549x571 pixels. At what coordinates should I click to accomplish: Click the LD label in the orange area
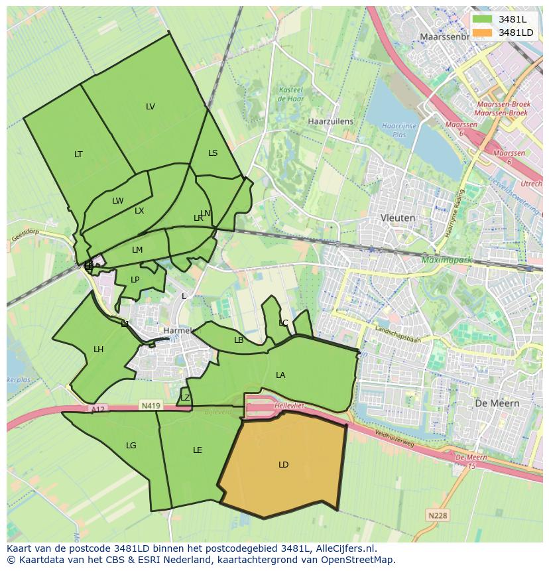pyautogui.click(x=283, y=465)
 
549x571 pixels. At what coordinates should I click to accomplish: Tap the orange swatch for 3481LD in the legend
pyautogui.click(x=482, y=32)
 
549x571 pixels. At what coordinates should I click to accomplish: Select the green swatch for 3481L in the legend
pyautogui.click(x=482, y=19)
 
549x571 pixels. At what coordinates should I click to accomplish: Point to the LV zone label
pyautogui.click(x=151, y=107)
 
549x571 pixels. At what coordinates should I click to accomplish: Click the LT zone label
pyautogui.click(x=78, y=155)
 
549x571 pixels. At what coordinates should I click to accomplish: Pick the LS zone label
pyautogui.click(x=213, y=153)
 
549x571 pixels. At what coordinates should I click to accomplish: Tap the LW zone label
pyautogui.click(x=117, y=201)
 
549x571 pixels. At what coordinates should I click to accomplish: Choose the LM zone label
pyautogui.click(x=137, y=250)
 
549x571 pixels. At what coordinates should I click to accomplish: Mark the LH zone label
pyautogui.click(x=98, y=349)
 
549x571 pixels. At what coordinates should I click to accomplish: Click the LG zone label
pyautogui.click(x=131, y=446)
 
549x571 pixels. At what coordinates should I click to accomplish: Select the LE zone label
pyautogui.click(x=197, y=450)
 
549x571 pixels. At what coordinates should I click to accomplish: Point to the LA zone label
pyautogui.click(x=280, y=375)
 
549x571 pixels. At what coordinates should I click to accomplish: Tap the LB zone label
pyautogui.click(x=239, y=340)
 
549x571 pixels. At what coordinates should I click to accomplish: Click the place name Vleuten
pyautogui.click(x=398, y=218)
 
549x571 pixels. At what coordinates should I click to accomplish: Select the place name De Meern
pyautogui.click(x=497, y=403)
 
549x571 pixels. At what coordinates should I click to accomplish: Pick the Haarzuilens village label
pyautogui.click(x=331, y=122)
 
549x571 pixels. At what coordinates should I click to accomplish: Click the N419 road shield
pyautogui.click(x=149, y=405)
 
